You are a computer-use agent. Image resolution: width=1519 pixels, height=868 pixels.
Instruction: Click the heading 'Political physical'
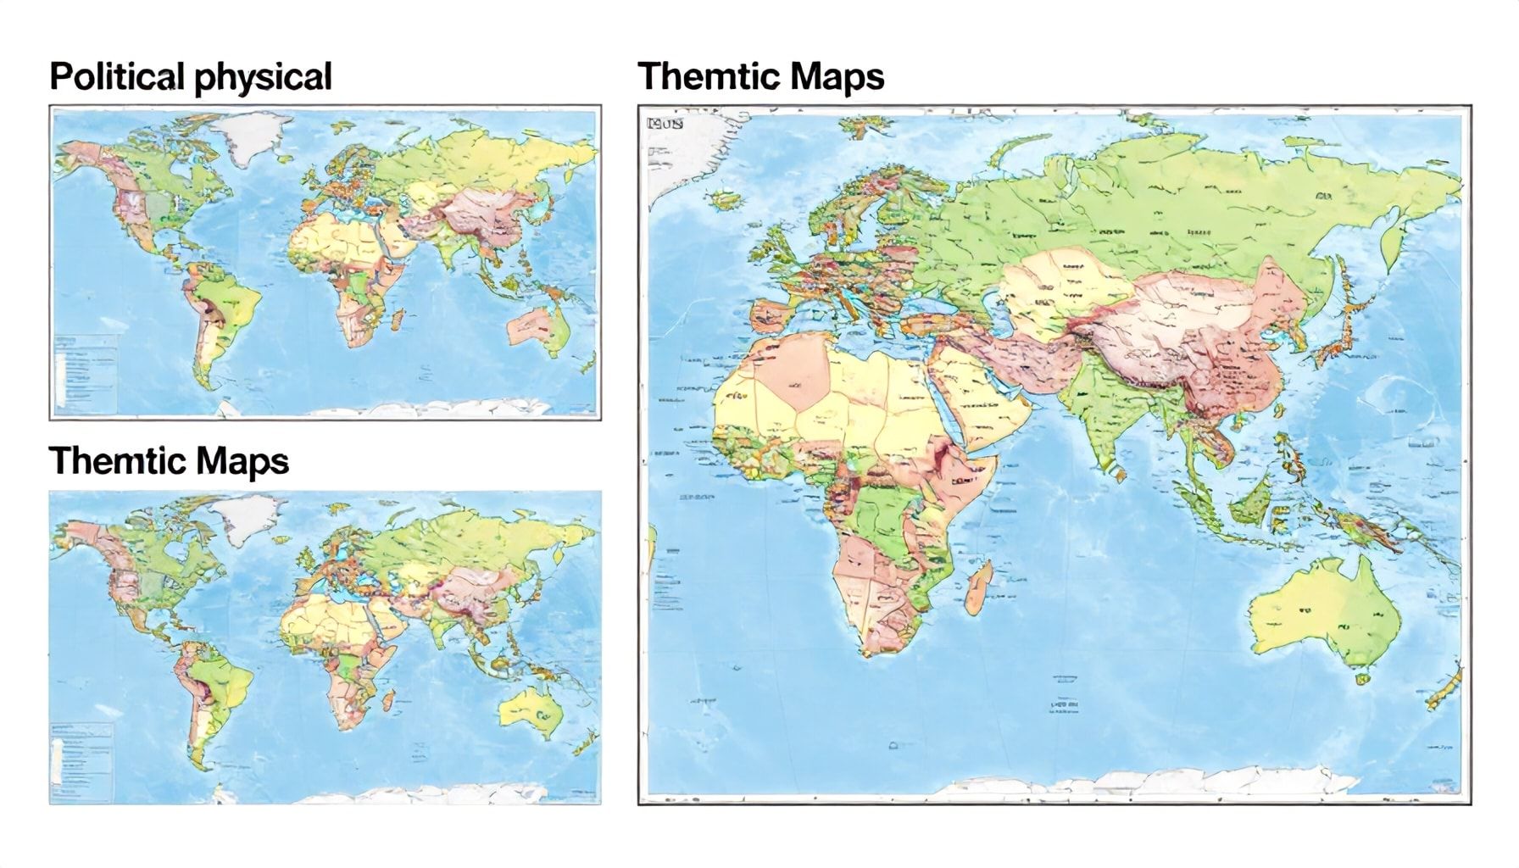pyautogui.click(x=191, y=77)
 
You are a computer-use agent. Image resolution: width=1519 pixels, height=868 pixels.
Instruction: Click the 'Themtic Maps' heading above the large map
pyautogui.click(x=760, y=76)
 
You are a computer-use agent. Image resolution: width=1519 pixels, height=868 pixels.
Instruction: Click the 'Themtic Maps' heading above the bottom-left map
pyautogui.click(x=169, y=461)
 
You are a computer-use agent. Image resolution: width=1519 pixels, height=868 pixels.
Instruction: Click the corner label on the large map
pyautogui.click(x=664, y=124)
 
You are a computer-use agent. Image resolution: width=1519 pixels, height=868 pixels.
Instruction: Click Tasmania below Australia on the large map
pyautogui.click(x=1362, y=677)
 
